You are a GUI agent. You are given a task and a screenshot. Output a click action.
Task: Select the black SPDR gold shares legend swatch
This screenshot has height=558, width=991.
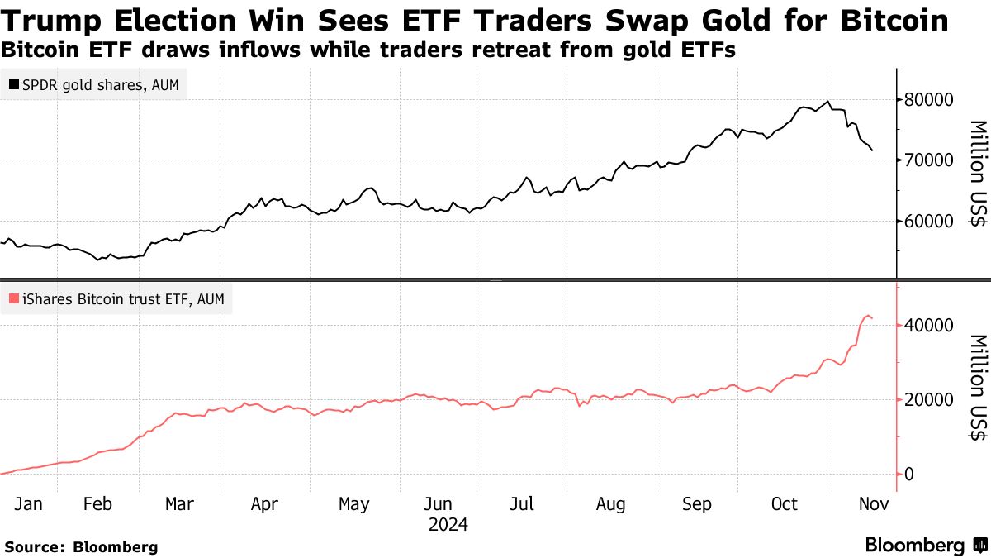coord(14,85)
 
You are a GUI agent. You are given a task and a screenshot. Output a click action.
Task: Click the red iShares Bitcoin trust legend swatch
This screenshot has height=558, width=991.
coord(14,299)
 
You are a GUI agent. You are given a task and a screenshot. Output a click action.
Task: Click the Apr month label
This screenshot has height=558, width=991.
coord(264,504)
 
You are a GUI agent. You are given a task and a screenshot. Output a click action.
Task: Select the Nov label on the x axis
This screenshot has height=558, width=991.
coord(874,504)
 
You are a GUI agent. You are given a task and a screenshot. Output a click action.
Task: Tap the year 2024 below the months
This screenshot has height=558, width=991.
coord(447,525)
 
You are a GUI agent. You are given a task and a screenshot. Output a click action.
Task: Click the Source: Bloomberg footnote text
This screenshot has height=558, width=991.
coord(81,546)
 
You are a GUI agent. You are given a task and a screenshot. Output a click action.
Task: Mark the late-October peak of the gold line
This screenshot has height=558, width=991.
coord(827,102)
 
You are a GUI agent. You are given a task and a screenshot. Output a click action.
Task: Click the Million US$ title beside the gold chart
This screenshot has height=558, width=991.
coord(978,174)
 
